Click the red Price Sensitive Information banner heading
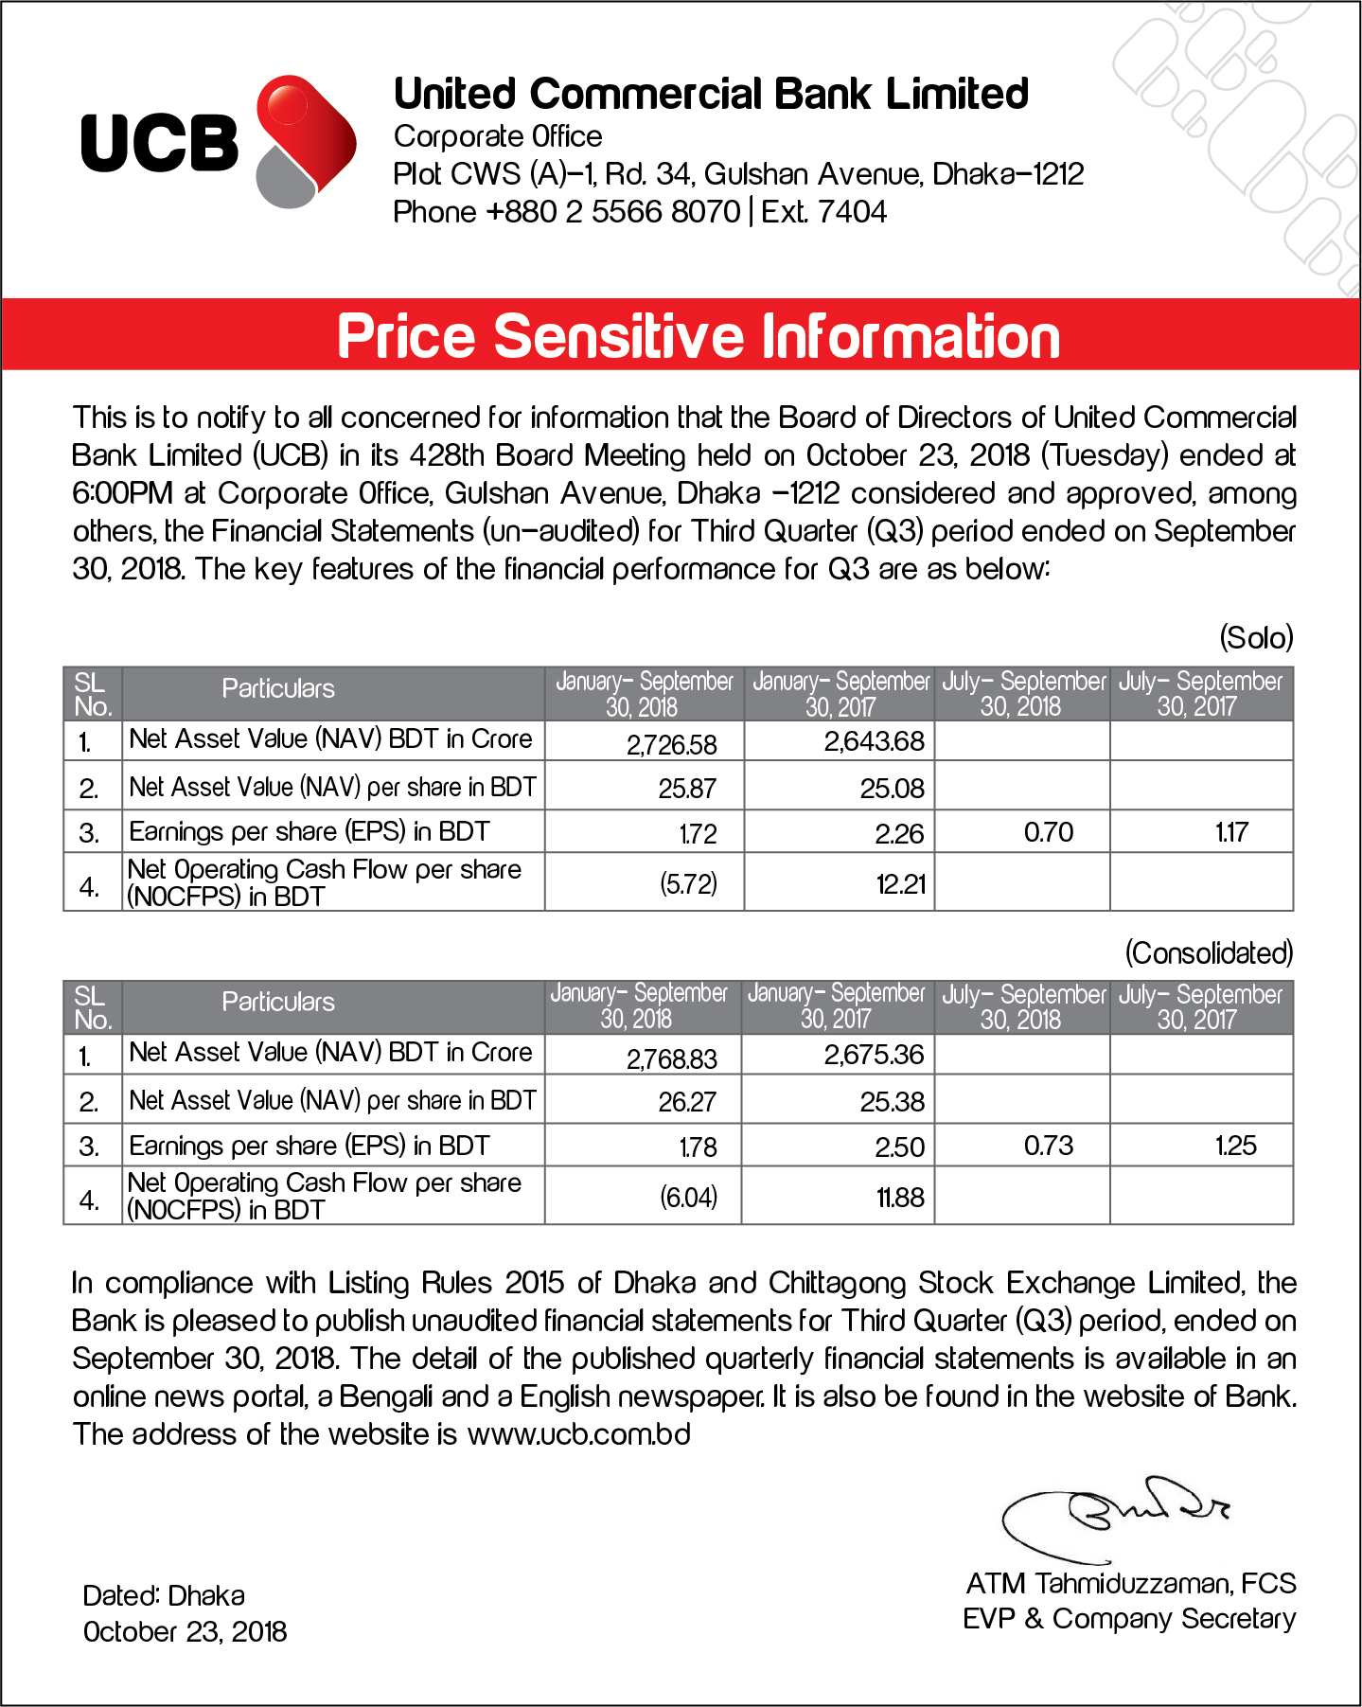[699, 337]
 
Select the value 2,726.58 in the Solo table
[671, 744]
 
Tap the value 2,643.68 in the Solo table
[874, 741]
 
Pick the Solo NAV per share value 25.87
[687, 789]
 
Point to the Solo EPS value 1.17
[1231, 833]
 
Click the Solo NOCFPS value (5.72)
[688, 884]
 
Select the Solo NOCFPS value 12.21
[900, 884]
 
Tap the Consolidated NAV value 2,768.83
[671, 1058]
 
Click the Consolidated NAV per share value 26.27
[687, 1102]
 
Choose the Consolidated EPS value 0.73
[1049, 1147]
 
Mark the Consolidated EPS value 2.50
[899, 1147]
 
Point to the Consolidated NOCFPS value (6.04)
[688, 1198]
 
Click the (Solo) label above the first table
[1256, 638]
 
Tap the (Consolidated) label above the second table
[1209, 952]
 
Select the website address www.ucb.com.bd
[578, 1434]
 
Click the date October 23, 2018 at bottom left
[185, 1632]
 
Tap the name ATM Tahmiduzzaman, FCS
[1130, 1583]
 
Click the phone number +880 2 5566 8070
[612, 211]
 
